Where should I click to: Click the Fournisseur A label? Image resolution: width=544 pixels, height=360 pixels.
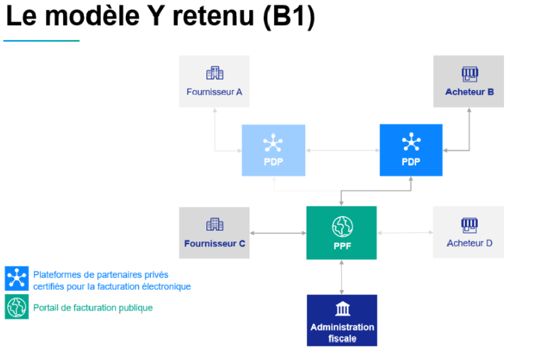[x=214, y=92]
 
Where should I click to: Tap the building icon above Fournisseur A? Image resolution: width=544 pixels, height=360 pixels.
[x=214, y=73]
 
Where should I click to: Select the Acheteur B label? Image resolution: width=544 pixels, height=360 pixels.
[x=470, y=92]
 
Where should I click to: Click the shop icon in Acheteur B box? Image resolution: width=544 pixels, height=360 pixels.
[x=470, y=74]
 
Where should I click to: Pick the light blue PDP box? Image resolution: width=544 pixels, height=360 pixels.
[x=273, y=150]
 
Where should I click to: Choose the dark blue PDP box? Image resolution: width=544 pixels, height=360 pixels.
[x=411, y=150]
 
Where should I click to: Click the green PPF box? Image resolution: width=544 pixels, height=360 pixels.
[x=342, y=233]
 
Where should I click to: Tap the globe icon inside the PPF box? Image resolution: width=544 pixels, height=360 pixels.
[x=342, y=227]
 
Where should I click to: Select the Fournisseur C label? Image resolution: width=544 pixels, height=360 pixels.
[x=214, y=244]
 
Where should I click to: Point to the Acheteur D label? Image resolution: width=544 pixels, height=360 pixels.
[x=470, y=243]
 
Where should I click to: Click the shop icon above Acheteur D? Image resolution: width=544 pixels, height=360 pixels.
[x=470, y=225]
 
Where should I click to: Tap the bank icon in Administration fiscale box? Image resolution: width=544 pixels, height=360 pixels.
[x=343, y=309]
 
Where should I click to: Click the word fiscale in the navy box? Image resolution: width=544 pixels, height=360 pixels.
[x=342, y=338]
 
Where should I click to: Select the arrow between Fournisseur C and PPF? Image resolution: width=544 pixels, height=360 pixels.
[x=278, y=233]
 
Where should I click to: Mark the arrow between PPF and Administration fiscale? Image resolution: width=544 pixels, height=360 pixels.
[x=342, y=277]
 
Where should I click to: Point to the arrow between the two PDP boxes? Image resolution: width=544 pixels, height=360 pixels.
[x=342, y=150]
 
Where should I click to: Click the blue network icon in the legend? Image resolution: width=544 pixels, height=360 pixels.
[x=17, y=278]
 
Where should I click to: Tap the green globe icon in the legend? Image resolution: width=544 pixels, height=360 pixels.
[x=17, y=307]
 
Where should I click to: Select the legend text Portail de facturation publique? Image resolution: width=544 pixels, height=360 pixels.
[x=93, y=308]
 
